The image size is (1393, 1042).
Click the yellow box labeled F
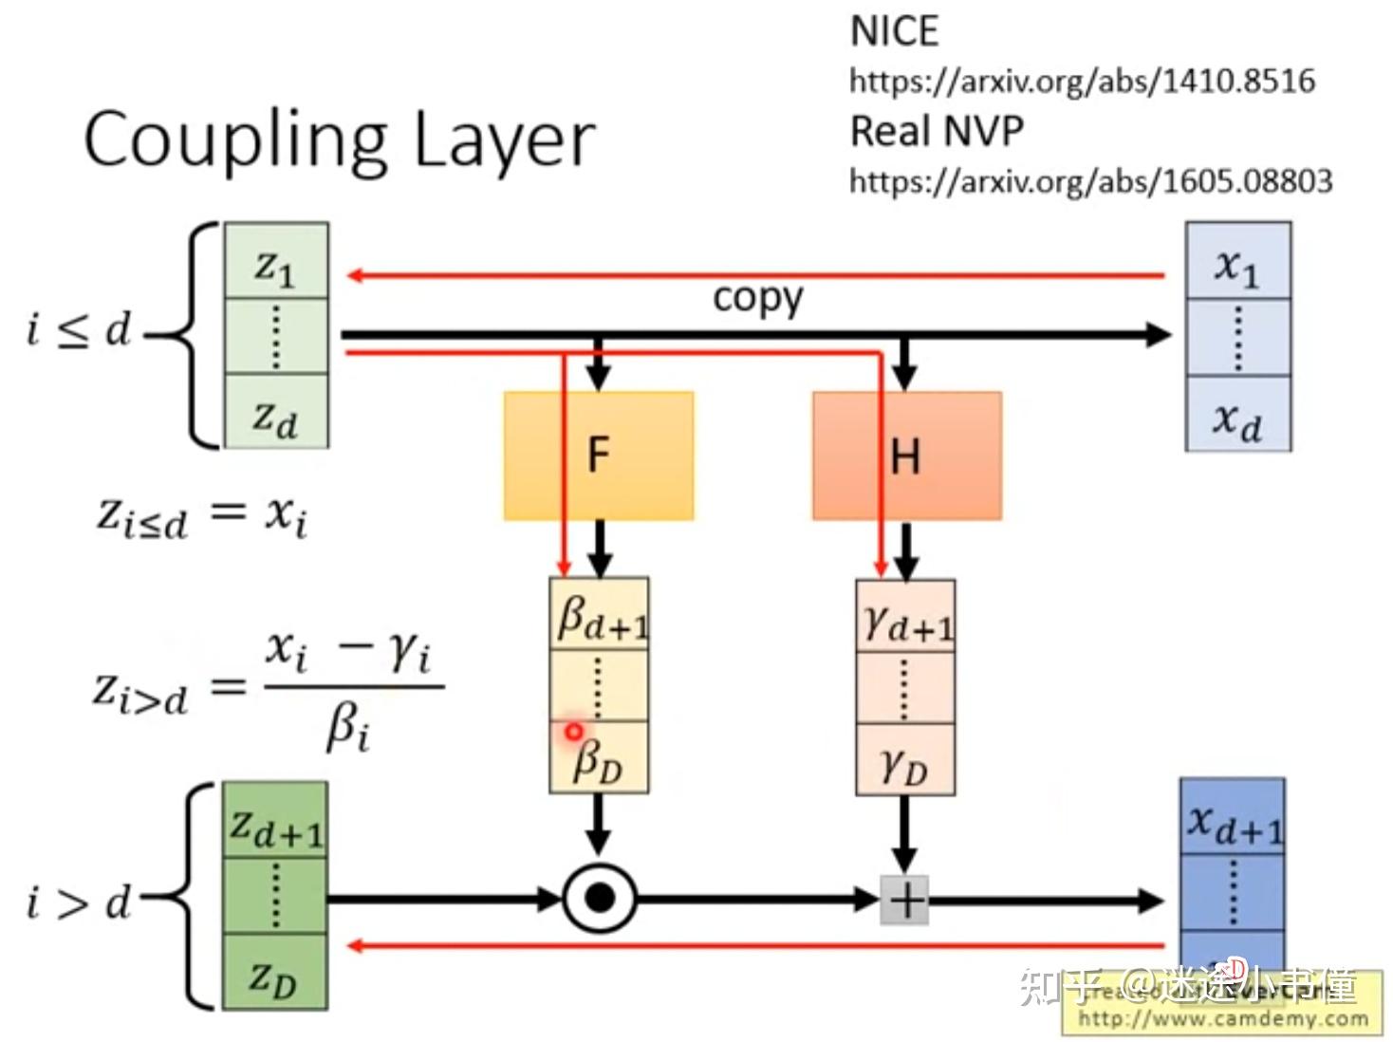pyautogui.click(x=598, y=456)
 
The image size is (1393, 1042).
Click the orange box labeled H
pyautogui.click(x=906, y=456)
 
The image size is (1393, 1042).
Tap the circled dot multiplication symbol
pyautogui.click(x=599, y=898)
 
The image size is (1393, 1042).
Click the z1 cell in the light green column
pyautogui.click(x=276, y=263)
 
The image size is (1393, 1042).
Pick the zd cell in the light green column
pyautogui.click(x=276, y=413)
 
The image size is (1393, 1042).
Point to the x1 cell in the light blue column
pyautogui.click(x=1237, y=262)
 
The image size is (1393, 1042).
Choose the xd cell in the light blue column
pyautogui.click(x=1237, y=415)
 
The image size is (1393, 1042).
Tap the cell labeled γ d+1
pyautogui.click(x=906, y=617)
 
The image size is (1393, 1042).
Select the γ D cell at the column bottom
pyautogui.click(x=905, y=761)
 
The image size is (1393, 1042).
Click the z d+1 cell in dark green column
pyautogui.click(x=275, y=822)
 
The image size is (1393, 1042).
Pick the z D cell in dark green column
pyautogui.click(x=275, y=974)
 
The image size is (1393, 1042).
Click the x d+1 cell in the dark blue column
pyautogui.click(x=1232, y=818)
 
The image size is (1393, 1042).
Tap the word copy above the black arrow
pyautogui.click(x=757, y=297)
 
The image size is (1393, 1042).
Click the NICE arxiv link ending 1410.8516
pyautogui.click(x=1082, y=82)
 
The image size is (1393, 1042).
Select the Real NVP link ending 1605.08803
pyautogui.click(x=1090, y=181)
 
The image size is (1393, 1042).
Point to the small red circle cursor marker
pyautogui.click(x=573, y=732)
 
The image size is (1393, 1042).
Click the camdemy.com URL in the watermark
pyautogui.click(x=1223, y=1019)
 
